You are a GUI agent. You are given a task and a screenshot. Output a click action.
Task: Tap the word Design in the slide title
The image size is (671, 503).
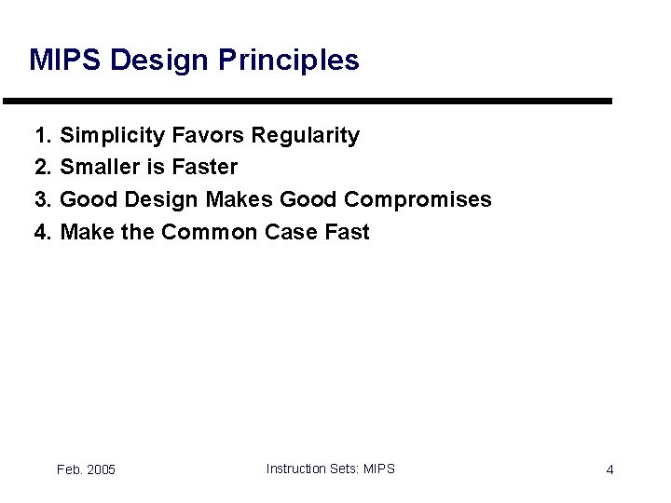[x=160, y=61]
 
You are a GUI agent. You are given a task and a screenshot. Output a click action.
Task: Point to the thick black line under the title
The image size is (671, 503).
[x=308, y=101]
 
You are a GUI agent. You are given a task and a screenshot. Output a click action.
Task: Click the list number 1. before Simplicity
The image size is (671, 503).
[x=43, y=136]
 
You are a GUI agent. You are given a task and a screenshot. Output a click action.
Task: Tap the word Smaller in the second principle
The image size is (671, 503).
[x=98, y=168]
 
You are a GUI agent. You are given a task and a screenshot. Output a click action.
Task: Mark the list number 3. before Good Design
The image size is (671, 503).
[x=43, y=199]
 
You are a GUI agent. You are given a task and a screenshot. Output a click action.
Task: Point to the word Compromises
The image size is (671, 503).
[x=418, y=199]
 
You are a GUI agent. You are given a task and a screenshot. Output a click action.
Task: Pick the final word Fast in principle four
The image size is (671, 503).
[x=346, y=232]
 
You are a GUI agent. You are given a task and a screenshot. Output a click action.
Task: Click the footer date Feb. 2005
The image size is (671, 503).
[x=86, y=469]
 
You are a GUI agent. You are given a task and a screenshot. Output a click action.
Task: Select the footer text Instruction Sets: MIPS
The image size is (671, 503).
[x=330, y=469]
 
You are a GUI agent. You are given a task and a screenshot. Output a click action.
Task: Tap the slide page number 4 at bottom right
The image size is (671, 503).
[x=609, y=469]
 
